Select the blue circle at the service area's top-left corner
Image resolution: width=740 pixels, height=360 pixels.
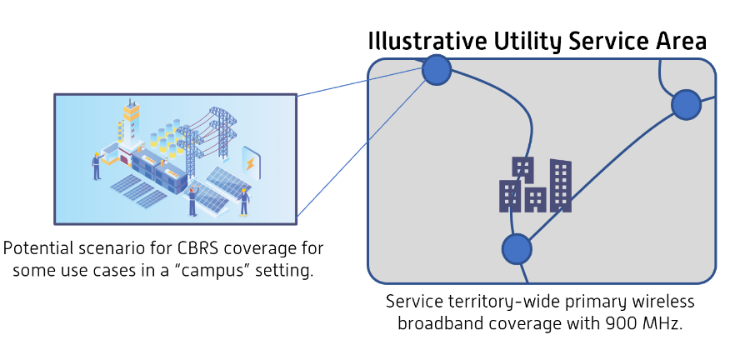coord(437,70)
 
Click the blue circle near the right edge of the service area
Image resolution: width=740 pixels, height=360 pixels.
coord(686,104)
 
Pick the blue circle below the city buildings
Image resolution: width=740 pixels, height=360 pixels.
coord(517,248)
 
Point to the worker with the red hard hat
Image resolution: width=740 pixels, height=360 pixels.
coord(192,199)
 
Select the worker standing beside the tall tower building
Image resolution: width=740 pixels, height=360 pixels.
coord(97,165)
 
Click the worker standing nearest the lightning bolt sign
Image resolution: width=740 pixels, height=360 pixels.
coord(244,200)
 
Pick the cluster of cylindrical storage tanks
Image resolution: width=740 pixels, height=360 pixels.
coord(163,137)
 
